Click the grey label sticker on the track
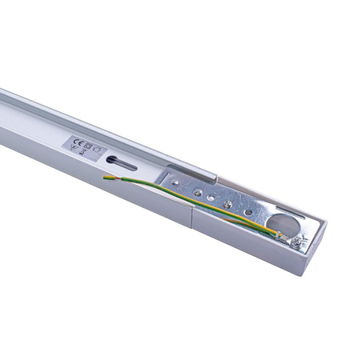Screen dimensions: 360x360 point(85,145)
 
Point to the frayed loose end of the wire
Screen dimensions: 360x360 point(107,177)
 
